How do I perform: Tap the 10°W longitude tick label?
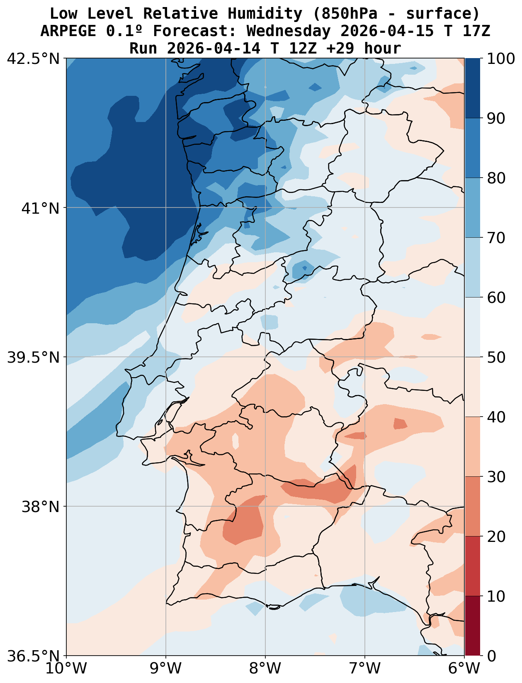[x=66, y=669]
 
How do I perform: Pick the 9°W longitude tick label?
[x=166, y=669]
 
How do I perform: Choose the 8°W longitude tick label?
[x=265, y=669]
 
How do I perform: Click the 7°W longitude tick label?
[x=365, y=669]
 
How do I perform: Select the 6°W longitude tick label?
[x=464, y=669]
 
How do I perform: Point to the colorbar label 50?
[x=496, y=357]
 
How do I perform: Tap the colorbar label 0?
[x=491, y=656]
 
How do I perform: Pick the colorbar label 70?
[x=496, y=238]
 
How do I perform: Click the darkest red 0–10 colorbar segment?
[x=473, y=626]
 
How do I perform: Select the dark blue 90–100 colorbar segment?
[x=473, y=88]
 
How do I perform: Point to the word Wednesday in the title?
[x=289, y=31]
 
